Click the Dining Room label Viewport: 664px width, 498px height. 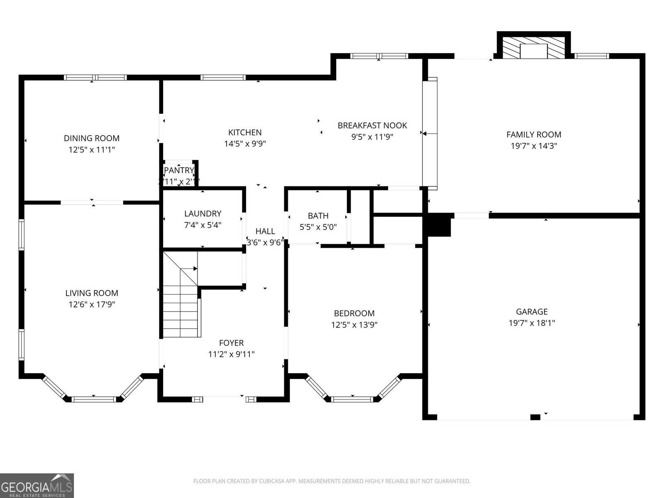point(91,138)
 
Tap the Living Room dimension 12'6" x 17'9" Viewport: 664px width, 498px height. point(91,304)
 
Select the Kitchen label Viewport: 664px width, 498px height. point(245,132)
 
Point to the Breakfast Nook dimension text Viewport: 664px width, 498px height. point(372,137)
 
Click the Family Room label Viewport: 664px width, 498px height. point(534,134)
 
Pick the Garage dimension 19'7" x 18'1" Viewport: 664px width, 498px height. point(532,323)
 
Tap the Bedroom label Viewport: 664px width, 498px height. point(354,313)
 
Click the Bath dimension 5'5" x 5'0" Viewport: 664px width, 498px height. point(318,227)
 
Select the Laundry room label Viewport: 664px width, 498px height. point(203,214)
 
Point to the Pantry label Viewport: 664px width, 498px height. point(179,170)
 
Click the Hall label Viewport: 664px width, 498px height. point(265,231)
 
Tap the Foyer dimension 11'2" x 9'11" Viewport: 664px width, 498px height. point(231,354)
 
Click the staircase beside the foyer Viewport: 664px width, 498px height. point(181,307)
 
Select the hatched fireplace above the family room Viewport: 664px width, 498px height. point(534,47)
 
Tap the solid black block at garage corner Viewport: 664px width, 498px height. point(439,226)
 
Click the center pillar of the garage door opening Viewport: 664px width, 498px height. point(535,417)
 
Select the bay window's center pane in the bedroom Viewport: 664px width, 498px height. point(352,400)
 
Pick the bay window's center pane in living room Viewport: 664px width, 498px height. point(93,400)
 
